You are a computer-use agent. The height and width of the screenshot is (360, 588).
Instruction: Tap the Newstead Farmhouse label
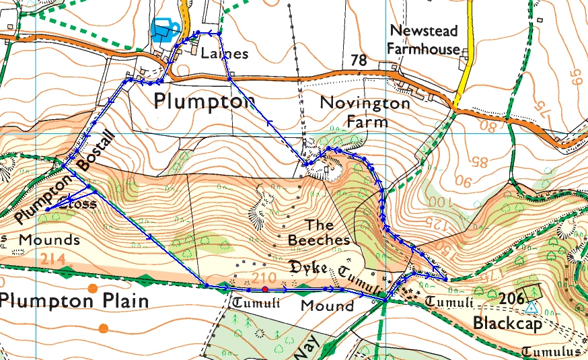[x=425, y=40]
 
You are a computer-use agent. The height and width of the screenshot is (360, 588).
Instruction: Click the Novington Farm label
[x=364, y=112]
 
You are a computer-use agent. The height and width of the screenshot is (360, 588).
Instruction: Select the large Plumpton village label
[x=205, y=102]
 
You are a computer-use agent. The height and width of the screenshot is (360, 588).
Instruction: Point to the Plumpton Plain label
[x=75, y=301]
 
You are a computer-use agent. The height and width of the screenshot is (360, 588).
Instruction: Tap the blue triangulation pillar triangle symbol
[x=531, y=308]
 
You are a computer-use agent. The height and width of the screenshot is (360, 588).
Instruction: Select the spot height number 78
[x=359, y=61]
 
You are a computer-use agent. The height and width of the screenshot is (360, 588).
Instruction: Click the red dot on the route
[x=265, y=289]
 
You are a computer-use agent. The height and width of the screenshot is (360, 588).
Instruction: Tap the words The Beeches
[x=319, y=231]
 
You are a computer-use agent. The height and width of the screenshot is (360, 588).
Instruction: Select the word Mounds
[x=49, y=240]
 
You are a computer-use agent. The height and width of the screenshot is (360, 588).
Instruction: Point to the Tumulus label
[x=552, y=352]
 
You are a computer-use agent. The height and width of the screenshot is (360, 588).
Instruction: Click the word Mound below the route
[x=327, y=306]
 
